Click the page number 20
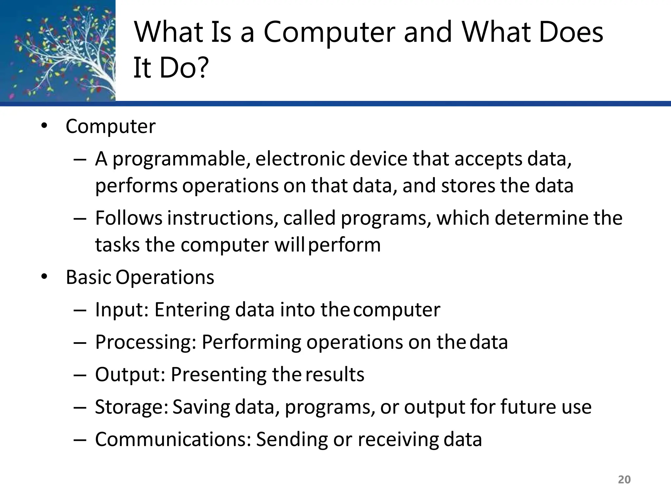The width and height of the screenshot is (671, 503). point(624,479)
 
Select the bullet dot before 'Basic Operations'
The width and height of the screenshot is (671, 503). point(44,277)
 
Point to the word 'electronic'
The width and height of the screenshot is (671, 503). point(300,159)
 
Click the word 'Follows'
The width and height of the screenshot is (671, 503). point(128,218)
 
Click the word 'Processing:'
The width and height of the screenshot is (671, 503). point(145,342)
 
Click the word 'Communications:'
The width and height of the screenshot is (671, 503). point(173,439)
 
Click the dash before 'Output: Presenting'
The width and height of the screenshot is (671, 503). point(80,375)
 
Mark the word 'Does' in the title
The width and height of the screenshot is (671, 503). point(570,33)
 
